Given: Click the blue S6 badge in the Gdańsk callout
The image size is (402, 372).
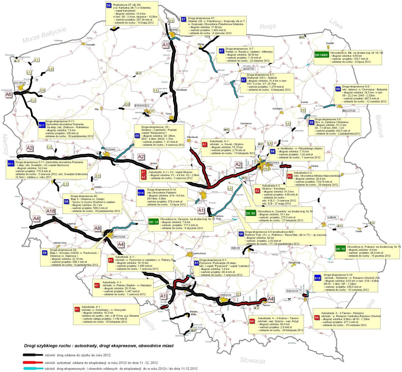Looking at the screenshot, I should click(x=109, y=5).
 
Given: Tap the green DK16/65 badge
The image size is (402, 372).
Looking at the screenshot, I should click(x=321, y=55).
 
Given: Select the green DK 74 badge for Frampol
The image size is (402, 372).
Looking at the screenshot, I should click(x=340, y=249).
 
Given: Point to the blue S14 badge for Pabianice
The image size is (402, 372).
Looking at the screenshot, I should click(x=141, y=193).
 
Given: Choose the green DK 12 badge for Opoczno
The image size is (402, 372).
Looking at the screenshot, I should click(x=153, y=222).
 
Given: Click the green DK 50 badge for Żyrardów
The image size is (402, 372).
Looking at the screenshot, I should click(x=250, y=213).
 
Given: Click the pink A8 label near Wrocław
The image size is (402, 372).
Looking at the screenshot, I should click(x=97, y=228).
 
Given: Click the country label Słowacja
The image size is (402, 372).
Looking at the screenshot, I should click(x=252, y=360).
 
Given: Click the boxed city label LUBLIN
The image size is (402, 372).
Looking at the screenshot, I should click(x=332, y=217).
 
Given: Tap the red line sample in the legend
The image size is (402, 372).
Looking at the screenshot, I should click(x=33, y=363).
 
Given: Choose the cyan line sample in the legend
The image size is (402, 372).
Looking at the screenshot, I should click(x=33, y=368).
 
